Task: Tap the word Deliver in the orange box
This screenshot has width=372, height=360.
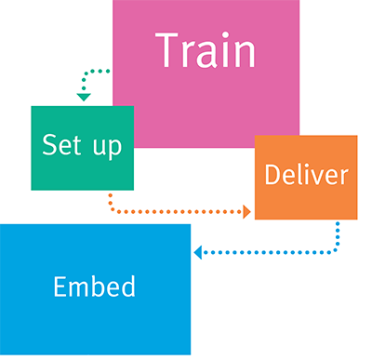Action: tap(306, 175)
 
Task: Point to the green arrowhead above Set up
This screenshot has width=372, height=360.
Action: tap(83, 97)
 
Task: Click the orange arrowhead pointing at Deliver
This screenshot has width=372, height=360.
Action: tap(246, 213)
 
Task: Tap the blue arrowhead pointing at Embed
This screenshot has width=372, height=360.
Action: tap(198, 252)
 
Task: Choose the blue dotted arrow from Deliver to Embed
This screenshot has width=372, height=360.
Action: tap(270, 252)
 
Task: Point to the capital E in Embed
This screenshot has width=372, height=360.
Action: tap(60, 286)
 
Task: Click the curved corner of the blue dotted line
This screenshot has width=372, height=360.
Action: tap(335, 248)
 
